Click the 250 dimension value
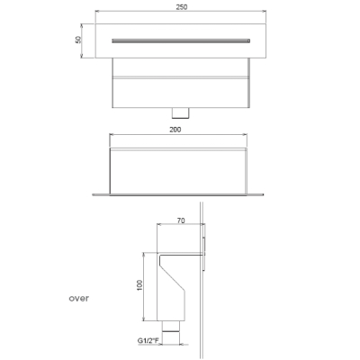pos(182,7)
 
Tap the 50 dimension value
pos(78,40)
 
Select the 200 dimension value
pos(175,130)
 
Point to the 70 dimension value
pos(181,220)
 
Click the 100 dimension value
pos(139,285)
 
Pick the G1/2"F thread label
pos(148,341)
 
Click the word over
pos(79,299)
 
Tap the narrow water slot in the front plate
pos(181,40)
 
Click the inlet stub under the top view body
pos(181,112)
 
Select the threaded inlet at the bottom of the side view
pos(171,326)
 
